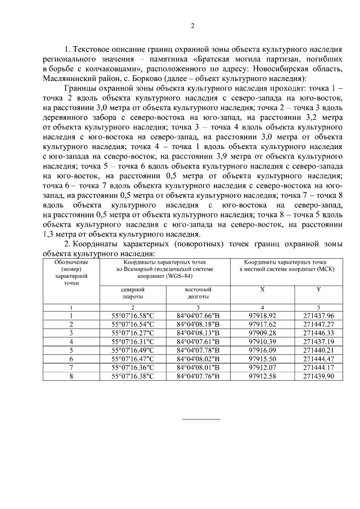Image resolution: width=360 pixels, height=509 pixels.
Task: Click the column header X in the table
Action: [x=262, y=289]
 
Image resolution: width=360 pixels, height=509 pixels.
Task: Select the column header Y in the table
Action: [x=318, y=289]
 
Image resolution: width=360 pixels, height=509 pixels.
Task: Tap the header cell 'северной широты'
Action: [x=133, y=292]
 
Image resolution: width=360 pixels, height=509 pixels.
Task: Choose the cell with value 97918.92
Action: [x=262, y=316]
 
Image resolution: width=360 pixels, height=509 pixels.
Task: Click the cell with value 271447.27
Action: [x=318, y=325]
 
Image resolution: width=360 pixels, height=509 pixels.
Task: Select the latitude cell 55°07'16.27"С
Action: [x=133, y=333]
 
